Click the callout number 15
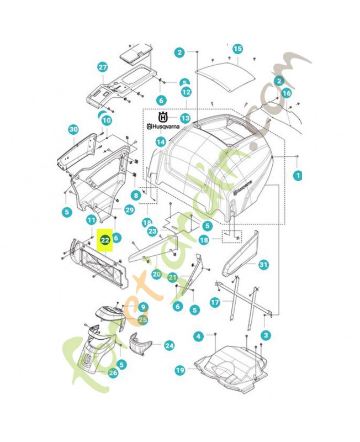237,49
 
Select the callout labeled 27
102,67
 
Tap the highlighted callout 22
105,239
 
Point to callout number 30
73,129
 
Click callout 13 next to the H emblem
185,118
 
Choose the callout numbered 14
160,141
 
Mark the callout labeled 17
214,302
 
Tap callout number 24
168,345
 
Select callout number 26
113,373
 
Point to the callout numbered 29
129,210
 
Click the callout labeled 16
286,93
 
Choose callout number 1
299,176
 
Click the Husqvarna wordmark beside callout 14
160,127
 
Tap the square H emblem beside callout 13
164,118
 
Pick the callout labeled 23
153,231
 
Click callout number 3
267,335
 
